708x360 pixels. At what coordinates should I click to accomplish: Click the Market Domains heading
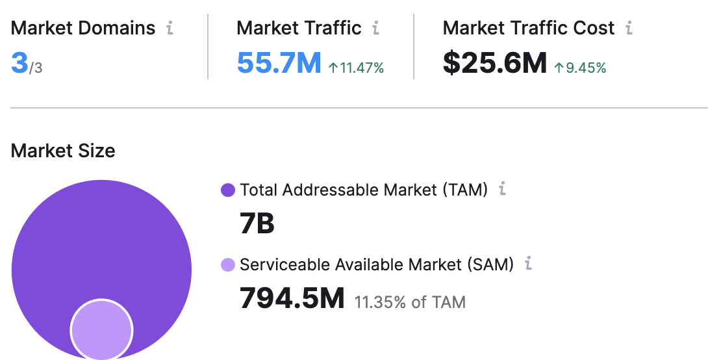[82, 28]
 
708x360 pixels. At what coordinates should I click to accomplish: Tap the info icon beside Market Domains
[170, 28]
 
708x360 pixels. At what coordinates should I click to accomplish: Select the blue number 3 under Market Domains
[19, 64]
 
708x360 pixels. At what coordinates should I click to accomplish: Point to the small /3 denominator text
[36, 68]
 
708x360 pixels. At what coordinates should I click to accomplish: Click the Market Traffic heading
[299, 28]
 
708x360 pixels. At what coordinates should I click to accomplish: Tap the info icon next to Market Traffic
[375, 28]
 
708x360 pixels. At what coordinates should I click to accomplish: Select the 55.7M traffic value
[279, 64]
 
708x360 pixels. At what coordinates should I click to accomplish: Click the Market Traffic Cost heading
[528, 28]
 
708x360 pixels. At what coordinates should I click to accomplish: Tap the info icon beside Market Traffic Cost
[628, 28]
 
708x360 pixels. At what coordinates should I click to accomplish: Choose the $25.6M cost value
[494, 64]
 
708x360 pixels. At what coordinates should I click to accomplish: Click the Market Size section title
[63, 151]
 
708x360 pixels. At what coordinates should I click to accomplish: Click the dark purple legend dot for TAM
[228, 190]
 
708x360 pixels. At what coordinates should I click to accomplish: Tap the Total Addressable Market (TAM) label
[363, 190]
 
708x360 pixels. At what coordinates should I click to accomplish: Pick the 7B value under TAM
[257, 224]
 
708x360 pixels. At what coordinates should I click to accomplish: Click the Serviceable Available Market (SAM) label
[376, 264]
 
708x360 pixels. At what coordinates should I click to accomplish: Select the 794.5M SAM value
[292, 300]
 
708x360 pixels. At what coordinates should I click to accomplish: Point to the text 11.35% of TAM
[410, 302]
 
